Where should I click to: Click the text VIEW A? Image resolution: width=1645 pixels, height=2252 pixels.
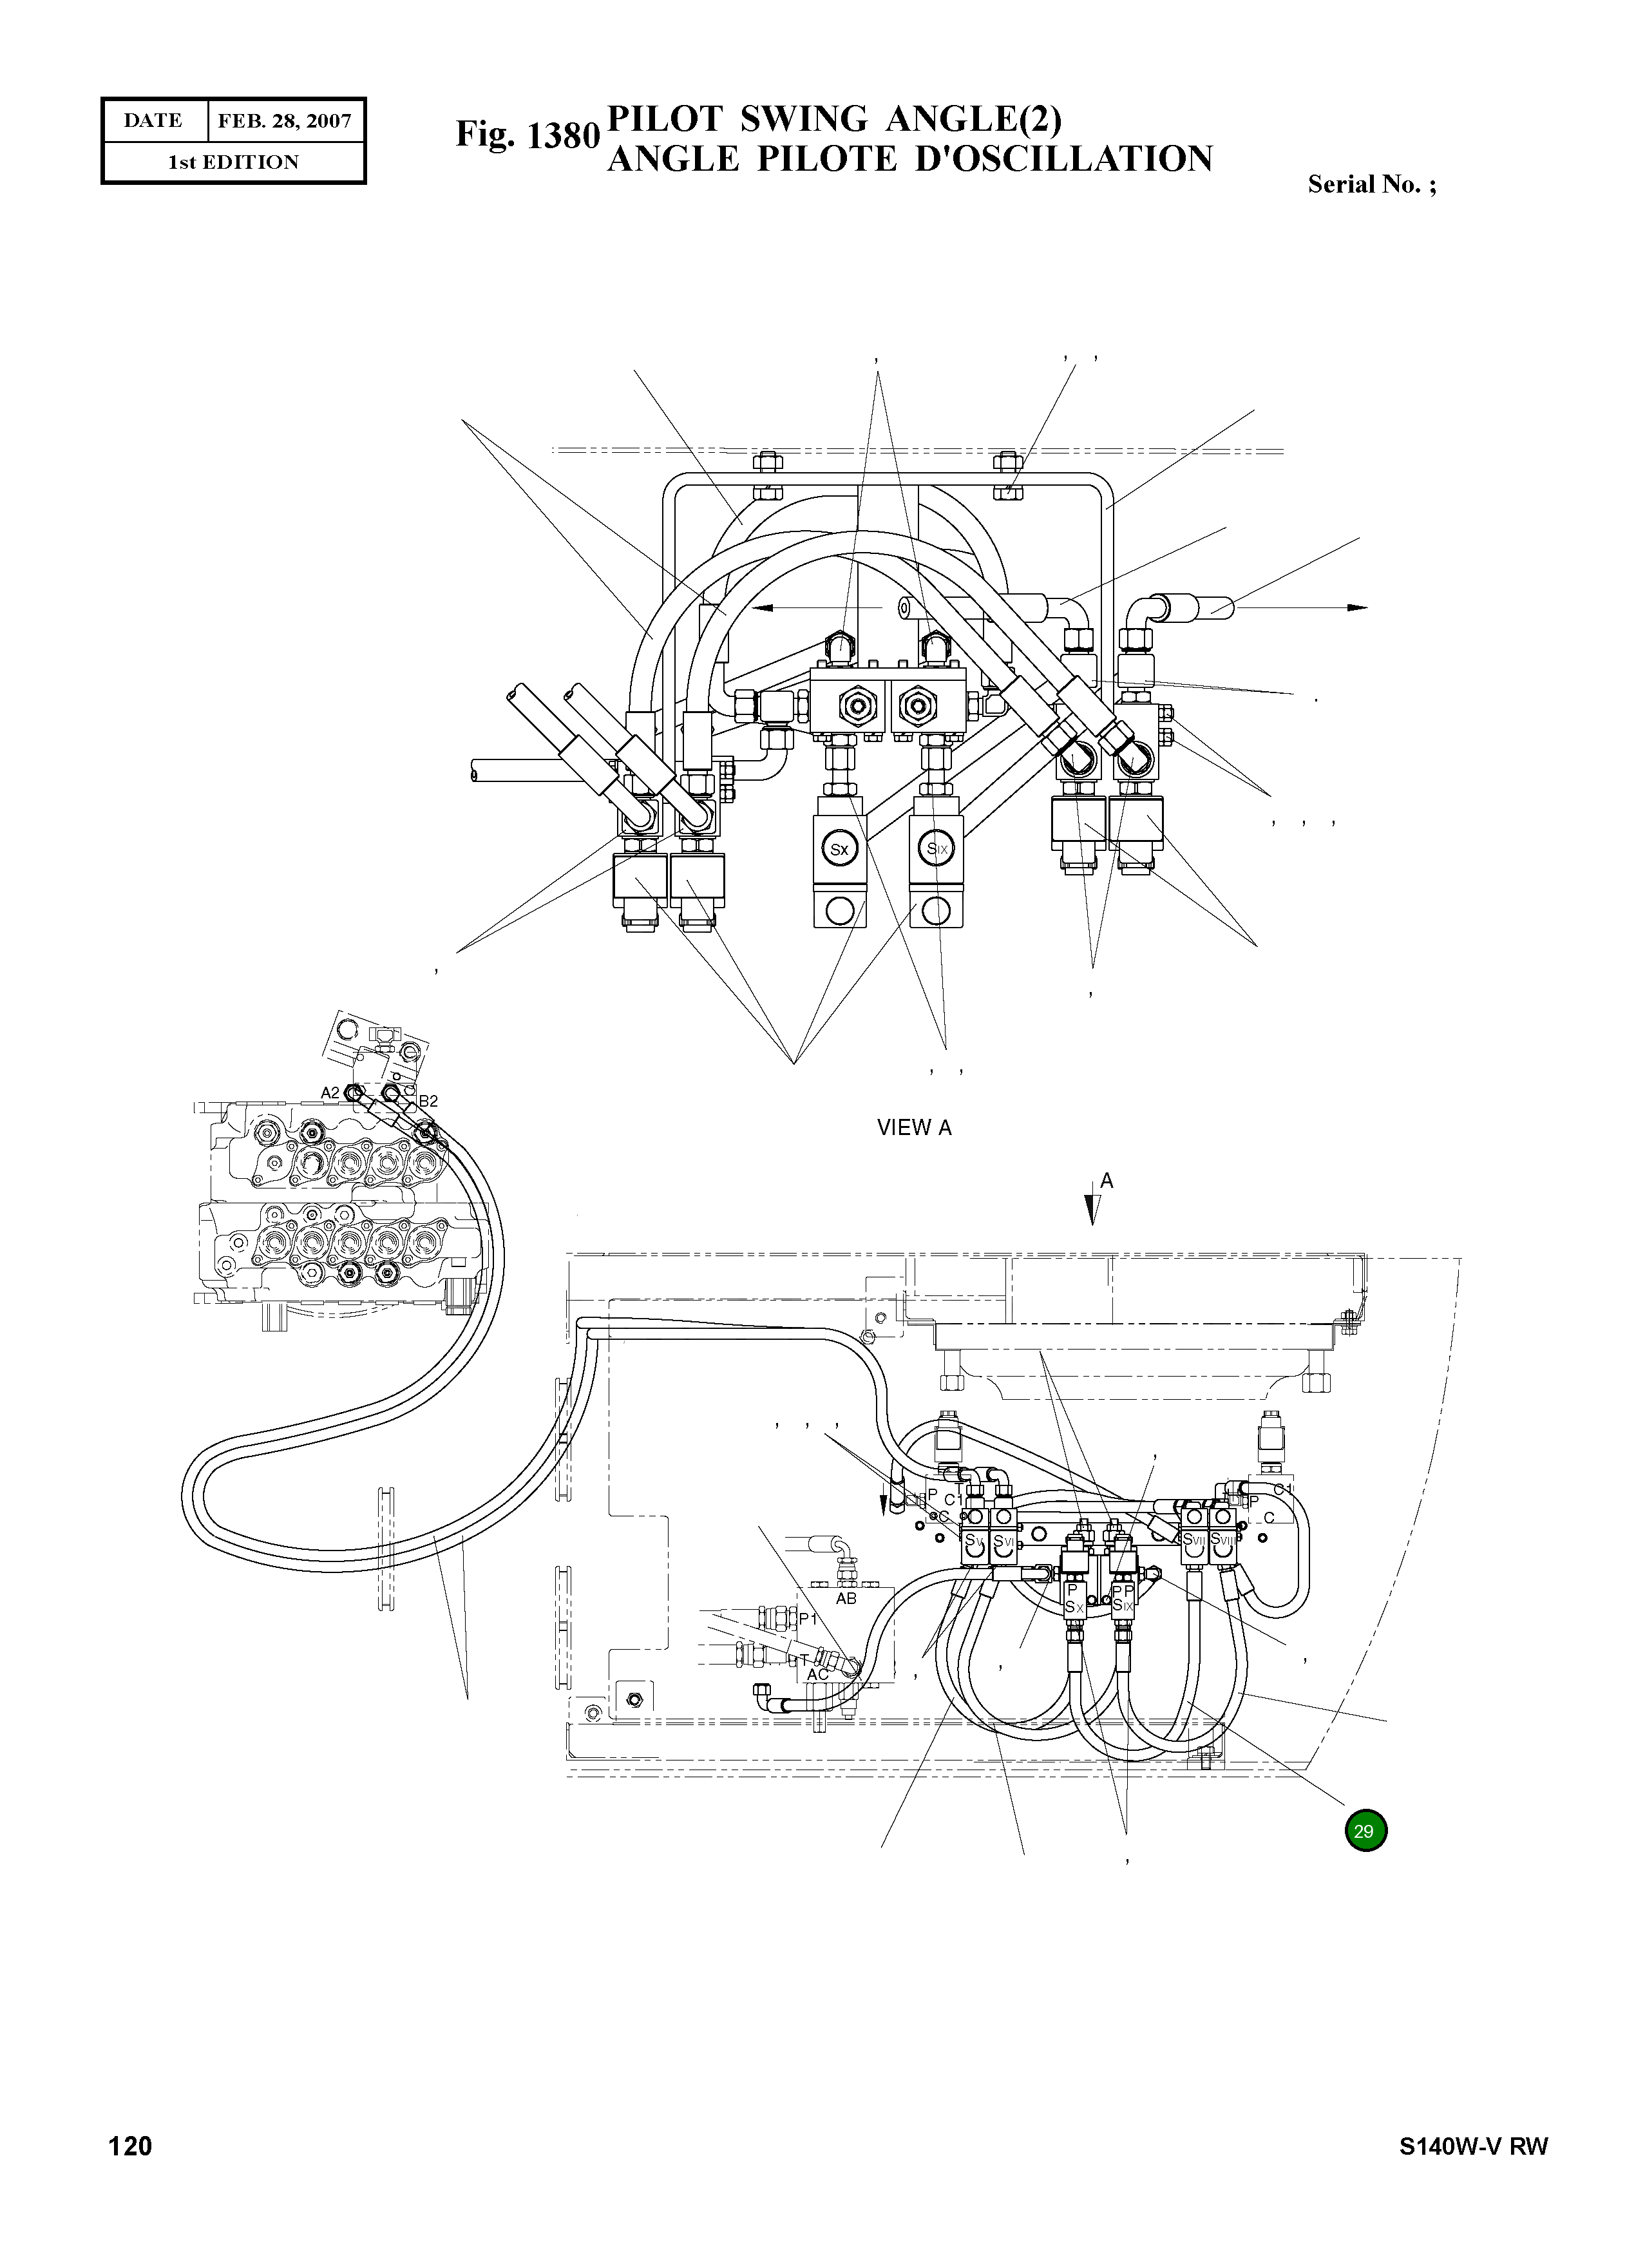(914, 1127)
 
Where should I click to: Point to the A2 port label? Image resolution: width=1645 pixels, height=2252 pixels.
(330, 1093)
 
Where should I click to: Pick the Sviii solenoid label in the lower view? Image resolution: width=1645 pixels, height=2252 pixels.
(1222, 1539)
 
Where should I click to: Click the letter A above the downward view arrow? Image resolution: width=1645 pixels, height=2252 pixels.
(1107, 1181)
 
